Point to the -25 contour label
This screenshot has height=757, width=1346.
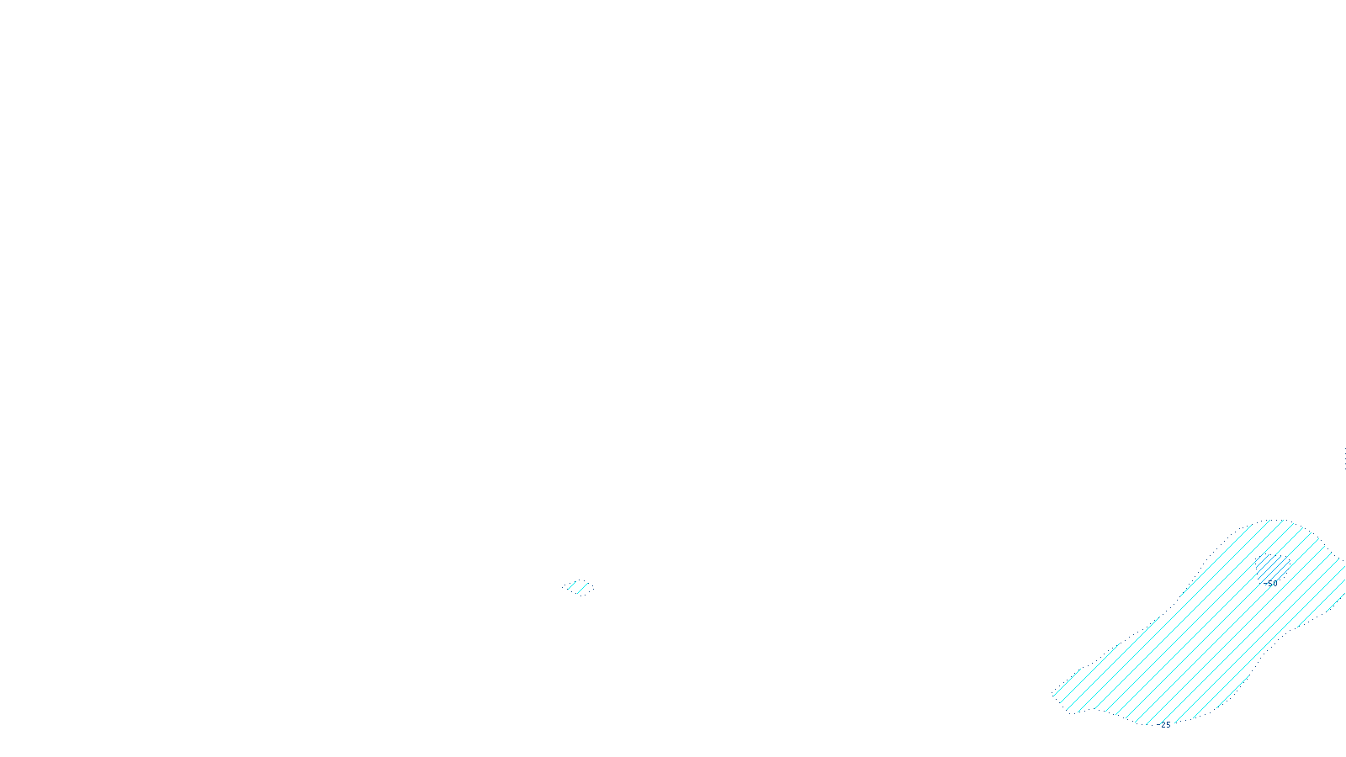[1165, 725]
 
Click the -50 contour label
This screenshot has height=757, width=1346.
[1271, 583]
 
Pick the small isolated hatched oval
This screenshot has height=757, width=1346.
[579, 587]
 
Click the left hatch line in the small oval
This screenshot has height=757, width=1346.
[573, 586]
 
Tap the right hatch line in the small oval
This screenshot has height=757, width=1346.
[584, 588]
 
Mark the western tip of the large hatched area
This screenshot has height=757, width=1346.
[1054, 695]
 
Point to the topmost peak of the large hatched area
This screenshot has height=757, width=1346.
[1283, 521]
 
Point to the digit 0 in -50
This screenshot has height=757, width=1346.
[1274, 583]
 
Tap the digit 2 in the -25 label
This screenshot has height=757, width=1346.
[1164, 725]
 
